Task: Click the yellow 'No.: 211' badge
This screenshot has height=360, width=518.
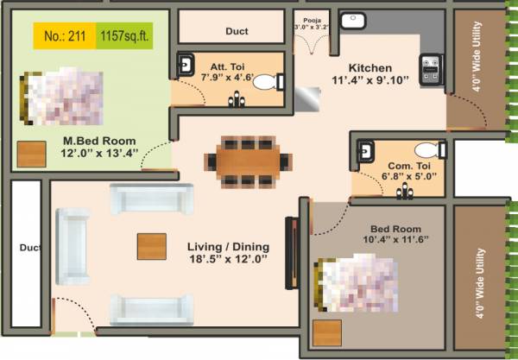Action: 65,36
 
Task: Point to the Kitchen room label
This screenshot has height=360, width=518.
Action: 370,68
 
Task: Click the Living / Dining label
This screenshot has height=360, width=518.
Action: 228,246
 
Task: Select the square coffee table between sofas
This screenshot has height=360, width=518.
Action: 152,247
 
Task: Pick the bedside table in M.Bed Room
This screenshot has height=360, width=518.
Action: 32,155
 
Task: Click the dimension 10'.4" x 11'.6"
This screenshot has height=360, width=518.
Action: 397,237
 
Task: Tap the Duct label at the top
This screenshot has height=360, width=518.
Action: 237,31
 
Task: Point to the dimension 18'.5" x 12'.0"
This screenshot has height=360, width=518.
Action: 228,258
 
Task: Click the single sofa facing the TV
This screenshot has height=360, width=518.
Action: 73,249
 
